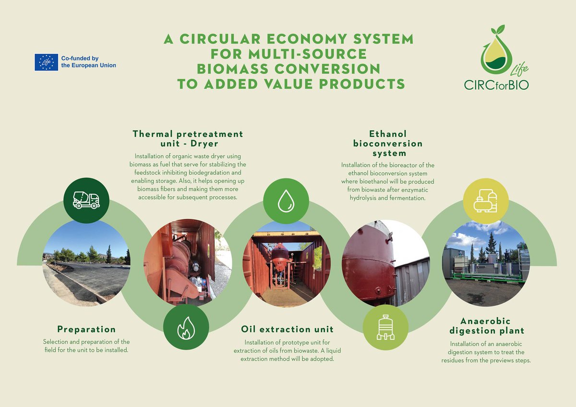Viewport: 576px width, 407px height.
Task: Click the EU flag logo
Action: (46, 62)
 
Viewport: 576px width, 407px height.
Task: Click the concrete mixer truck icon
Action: (86, 200)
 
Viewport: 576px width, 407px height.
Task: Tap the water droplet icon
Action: (286, 201)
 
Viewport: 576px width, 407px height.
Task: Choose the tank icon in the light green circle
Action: (385, 327)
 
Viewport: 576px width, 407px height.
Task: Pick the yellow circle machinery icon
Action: (486, 200)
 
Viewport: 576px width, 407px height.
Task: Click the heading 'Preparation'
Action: (86, 330)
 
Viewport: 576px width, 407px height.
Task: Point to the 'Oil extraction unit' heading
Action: (287, 330)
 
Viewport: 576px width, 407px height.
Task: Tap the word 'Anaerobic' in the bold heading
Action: (486, 321)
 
